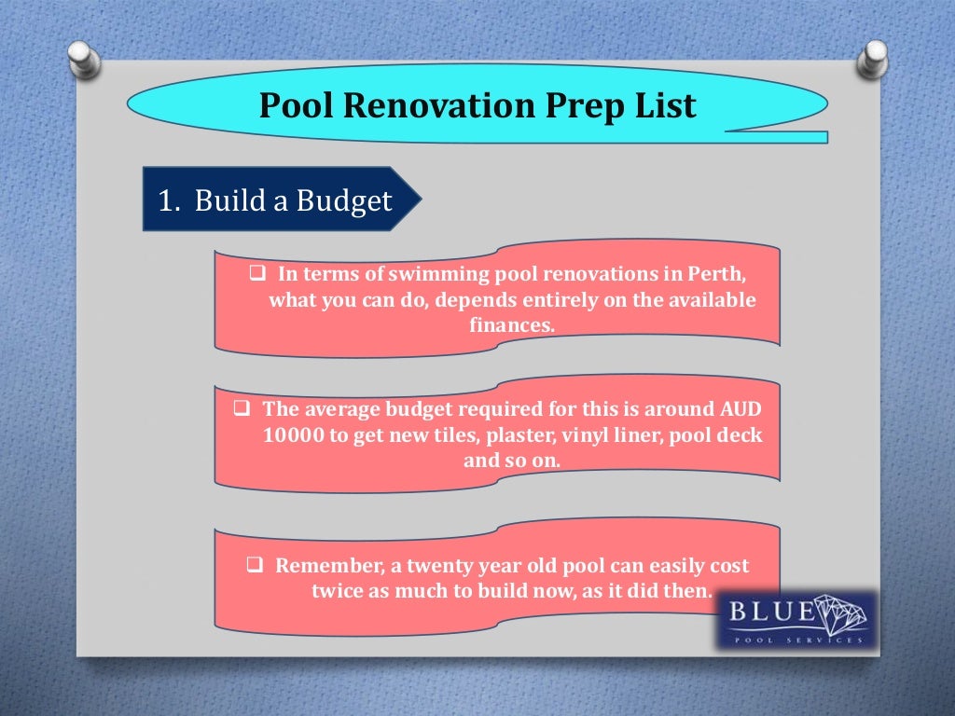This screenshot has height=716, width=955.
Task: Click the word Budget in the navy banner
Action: [344, 201]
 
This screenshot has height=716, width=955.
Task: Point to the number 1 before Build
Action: [165, 201]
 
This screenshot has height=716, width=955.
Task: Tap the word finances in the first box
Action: [510, 325]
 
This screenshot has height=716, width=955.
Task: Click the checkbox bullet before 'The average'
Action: [241, 410]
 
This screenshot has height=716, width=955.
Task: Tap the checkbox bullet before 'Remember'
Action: [256, 566]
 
